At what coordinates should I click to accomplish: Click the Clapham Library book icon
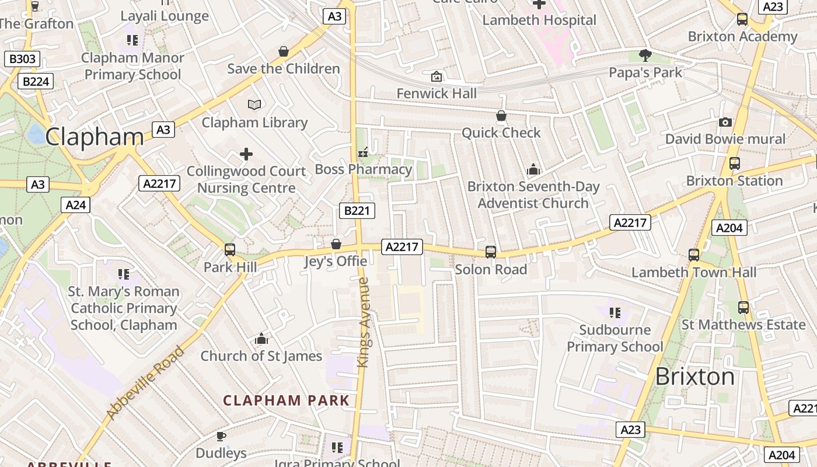coord(254,105)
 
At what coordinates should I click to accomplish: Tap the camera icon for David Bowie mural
coord(725,122)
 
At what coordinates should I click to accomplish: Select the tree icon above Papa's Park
coord(645,55)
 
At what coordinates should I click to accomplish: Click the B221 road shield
coord(357,211)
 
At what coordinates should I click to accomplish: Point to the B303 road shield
coord(23,59)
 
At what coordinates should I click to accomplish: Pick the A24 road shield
coord(76,205)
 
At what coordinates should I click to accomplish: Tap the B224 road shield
coord(36,81)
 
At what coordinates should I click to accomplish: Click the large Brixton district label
coord(694,377)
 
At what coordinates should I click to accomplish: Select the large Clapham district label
coord(95,137)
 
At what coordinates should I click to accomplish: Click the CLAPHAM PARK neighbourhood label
coord(286,400)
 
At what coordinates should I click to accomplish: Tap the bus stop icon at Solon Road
coord(491,252)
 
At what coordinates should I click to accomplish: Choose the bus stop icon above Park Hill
coord(230,250)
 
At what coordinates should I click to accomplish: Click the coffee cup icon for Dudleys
coord(221,436)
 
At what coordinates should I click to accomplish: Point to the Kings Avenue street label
coord(364,322)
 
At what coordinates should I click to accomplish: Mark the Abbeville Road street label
coord(146,383)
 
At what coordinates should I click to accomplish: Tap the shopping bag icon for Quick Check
coord(501,116)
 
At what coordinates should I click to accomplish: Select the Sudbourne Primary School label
coord(615,338)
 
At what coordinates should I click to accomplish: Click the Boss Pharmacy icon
coord(363,153)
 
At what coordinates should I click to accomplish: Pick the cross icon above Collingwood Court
coord(246,154)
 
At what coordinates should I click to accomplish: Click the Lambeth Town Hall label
coord(693,272)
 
